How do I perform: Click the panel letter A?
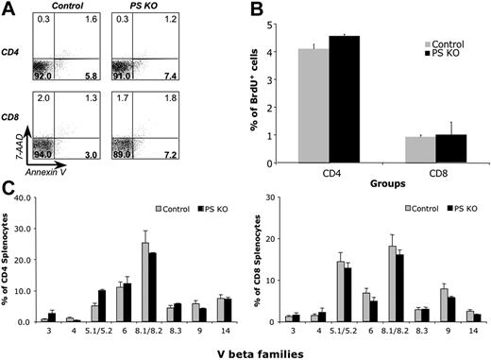[7, 9]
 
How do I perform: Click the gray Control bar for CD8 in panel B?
[409, 151]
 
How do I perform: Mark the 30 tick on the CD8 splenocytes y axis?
[295, 201]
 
